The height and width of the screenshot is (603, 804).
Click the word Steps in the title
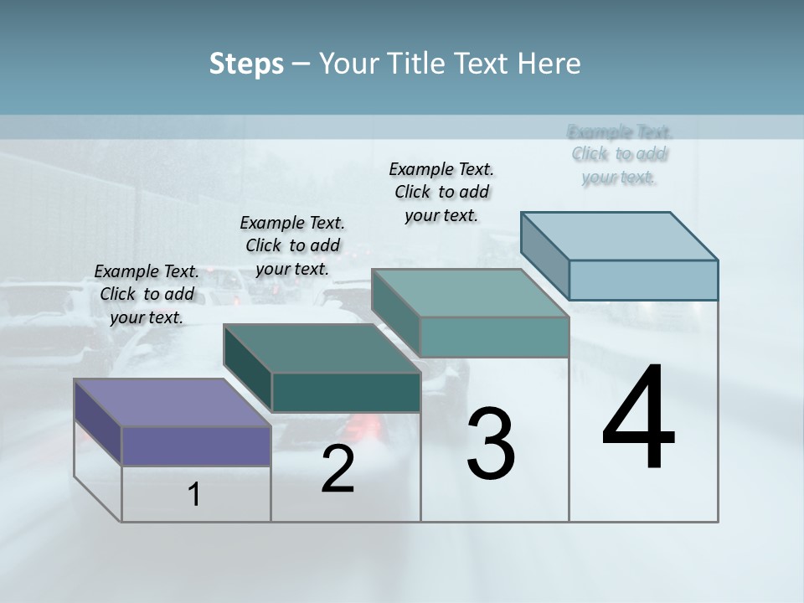246,64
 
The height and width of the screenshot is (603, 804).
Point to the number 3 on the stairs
491,443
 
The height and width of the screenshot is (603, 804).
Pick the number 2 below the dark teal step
338,469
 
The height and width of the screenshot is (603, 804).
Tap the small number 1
194,495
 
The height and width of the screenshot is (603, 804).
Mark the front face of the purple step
196,446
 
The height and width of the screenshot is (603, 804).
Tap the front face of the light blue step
643,280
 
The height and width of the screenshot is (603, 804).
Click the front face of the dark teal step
346,392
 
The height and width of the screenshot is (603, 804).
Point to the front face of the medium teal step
494,337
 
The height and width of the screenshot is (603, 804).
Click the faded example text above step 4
620,154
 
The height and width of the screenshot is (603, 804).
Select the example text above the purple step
147,294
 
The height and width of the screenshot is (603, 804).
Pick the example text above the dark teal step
292,245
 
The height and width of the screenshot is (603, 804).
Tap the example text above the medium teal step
441,192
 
